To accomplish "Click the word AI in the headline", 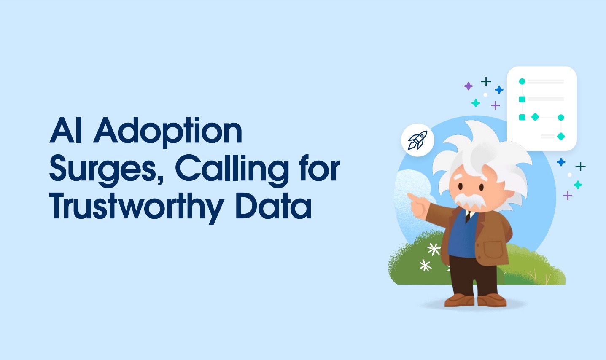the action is click(66, 130).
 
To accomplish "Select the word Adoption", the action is click(167, 132).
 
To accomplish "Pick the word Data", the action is click(273, 206).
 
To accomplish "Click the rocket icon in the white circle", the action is click(417, 140).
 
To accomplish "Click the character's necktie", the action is click(468, 216).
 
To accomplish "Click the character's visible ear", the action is click(509, 193).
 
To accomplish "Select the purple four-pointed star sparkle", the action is click(468, 86).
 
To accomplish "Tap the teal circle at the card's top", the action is click(522, 81).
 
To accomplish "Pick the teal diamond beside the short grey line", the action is click(561, 136).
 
